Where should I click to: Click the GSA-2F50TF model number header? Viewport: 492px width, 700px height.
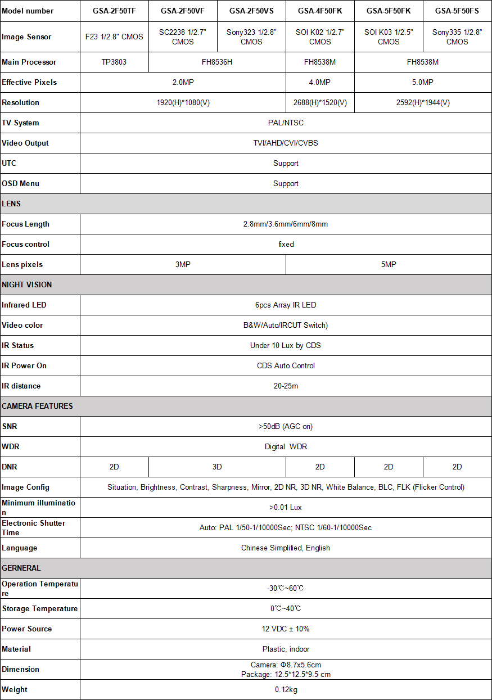(114, 11)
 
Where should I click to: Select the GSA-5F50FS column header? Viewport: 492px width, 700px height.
(457, 11)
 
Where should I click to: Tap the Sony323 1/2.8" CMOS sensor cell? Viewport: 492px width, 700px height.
(251, 37)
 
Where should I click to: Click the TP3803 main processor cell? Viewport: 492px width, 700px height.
(114, 62)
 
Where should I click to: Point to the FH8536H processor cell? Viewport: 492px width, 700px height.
(217, 62)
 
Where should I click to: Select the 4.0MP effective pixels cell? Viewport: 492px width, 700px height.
(320, 82)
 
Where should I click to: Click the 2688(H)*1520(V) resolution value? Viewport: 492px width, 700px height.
(320, 102)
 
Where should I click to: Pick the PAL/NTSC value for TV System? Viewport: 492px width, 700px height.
(286, 123)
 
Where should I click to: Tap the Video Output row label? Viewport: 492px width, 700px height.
(25, 143)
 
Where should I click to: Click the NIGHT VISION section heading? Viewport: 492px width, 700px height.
(27, 284)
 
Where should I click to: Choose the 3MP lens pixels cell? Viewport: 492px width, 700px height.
(183, 264)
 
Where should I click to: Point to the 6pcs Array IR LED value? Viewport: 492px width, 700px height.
(286, 305)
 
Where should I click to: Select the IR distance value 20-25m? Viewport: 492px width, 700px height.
(286, 386)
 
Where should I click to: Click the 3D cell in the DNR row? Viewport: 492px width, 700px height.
(217, 467)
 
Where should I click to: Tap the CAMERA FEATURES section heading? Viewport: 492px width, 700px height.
(37, 406)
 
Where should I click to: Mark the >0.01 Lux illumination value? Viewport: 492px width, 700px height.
(286, 507)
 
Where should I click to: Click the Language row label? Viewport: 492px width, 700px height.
(20, 548)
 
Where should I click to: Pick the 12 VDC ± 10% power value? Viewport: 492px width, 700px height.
(286, 629)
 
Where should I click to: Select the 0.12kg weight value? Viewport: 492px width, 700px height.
(286, 689)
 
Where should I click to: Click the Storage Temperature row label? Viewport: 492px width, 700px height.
(39, 608)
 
